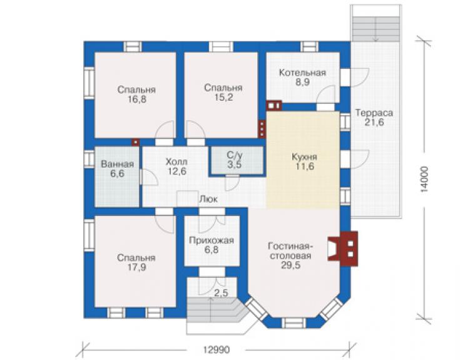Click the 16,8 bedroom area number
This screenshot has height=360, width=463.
point(137,100)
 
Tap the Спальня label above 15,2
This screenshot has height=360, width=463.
point(223,88)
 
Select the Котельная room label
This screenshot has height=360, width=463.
point(303,73)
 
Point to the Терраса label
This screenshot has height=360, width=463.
point(374,113)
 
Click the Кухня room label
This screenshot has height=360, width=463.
point(305,157)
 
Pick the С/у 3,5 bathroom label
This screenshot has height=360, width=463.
point(235,160)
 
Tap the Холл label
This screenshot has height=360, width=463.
point(176,162)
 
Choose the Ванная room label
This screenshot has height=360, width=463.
point(118,164)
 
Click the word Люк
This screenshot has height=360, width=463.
point(209,199)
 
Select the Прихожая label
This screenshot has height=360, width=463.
point(211,240)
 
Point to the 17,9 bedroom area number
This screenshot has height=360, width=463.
point(137,267)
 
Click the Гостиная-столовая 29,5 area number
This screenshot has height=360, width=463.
point(290,265)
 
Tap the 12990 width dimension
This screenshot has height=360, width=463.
point(216,350)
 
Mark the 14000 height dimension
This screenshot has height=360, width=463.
point(424,180)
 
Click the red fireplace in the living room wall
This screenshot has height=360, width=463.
point(343,249)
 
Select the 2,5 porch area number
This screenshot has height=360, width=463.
point(221,294)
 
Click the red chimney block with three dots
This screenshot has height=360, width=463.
point(262,129)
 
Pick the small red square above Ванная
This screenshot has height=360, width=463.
point(136,142)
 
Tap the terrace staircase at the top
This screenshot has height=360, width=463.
point(375,26)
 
